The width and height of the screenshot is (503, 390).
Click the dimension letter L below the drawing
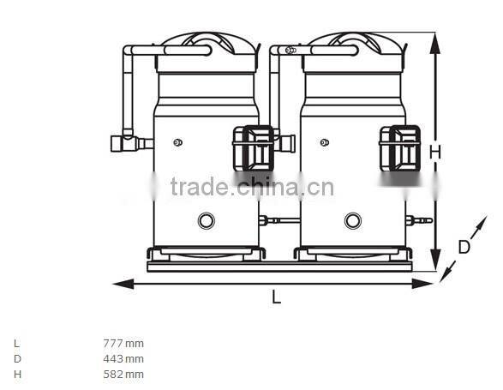pyautogui.click(x=276, y=297)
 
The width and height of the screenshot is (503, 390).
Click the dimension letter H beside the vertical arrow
pyautogui.click(x=435, y=152)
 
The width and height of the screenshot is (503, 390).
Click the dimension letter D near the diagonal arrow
pyautogui.click(x=464, y=247)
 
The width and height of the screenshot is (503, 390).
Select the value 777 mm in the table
pyautogui.click(x=123, y=343)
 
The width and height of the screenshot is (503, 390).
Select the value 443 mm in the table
pyautogui.click(x=123, y=358)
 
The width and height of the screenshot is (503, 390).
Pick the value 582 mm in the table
pyautogui.click(x=123, y=374)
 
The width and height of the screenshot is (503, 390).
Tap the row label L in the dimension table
pyautogui.click(x=16, y=343)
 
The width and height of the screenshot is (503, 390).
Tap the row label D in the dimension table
pyautogui.click(x=16, y=358)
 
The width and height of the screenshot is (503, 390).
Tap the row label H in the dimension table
pyautogui.click(x=16, y=374)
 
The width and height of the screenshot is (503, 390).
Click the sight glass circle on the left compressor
pyautogui.click(x=207, y=220)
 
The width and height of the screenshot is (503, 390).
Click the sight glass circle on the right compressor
pyautogui.click(x=352, y=220)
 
